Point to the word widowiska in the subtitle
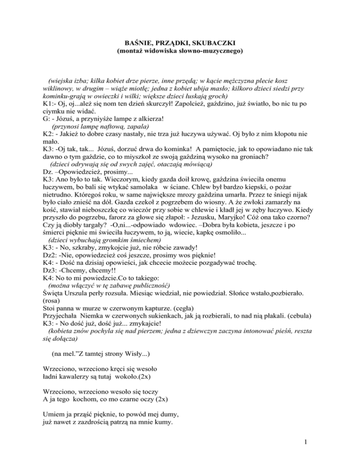[167, 50]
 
